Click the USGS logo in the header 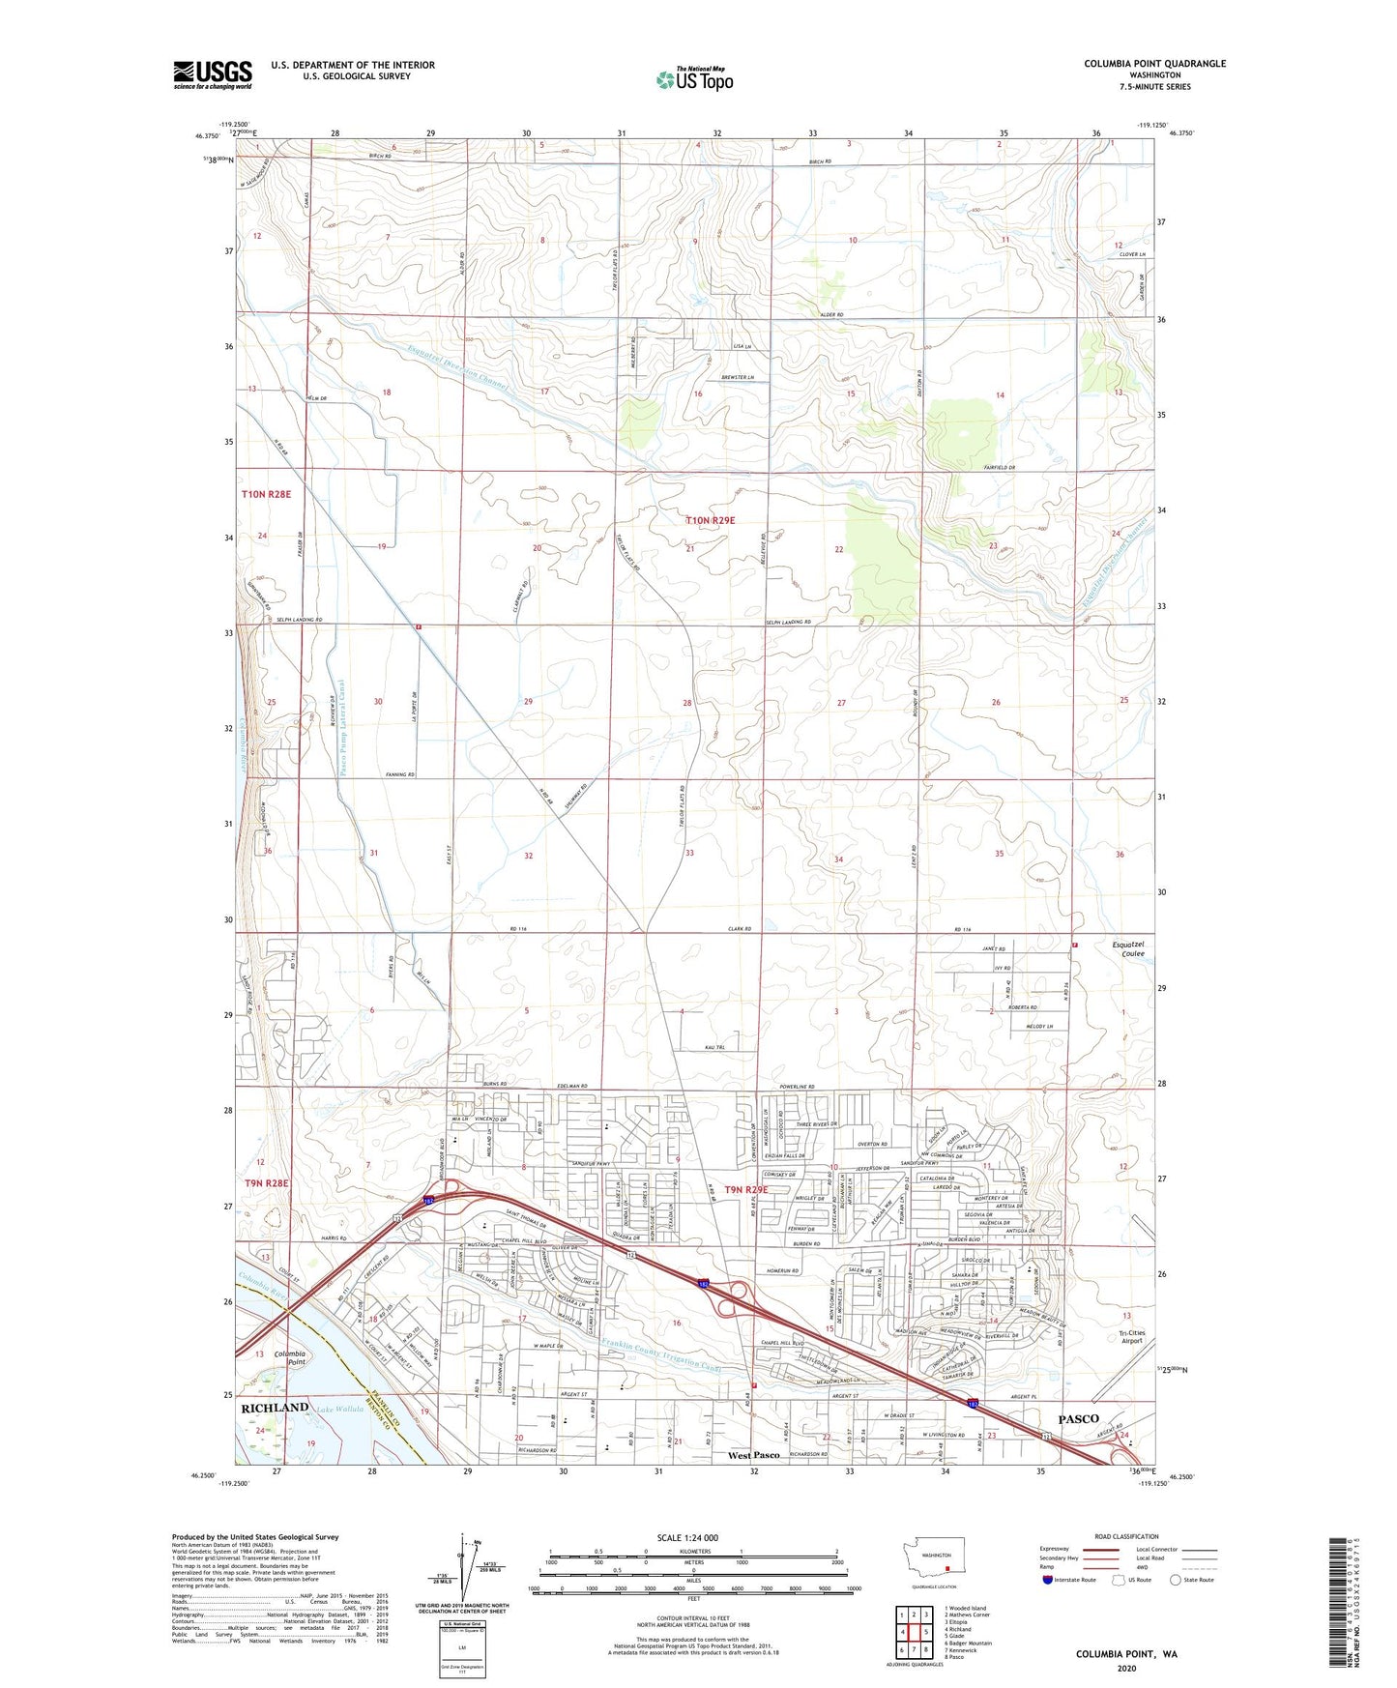[x=213, y=74]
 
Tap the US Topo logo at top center [x=694, y=79]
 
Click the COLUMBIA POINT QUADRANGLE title [x=1154, y=64]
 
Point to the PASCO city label [x=1078, y=1418]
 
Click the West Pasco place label [x=754, y=1455]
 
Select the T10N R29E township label [x=711, y=520]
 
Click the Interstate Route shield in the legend [x=1049, y=1580]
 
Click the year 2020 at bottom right [x=1125, y=1667]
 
